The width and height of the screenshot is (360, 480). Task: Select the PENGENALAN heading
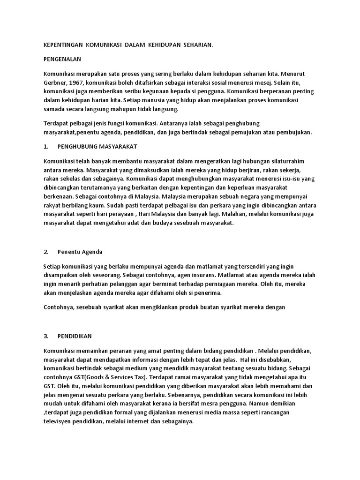pyautogui.click(x=62, y=60)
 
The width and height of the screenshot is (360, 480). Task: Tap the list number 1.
pyautogui.click(x=45, y=147)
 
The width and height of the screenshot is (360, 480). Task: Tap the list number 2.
pyautogui.click(x=45, y=252)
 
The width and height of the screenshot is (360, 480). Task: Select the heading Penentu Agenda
pyautogui.click(x=80, y=252)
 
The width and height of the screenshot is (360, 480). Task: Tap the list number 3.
pyautogui.click(x=45, y=336)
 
